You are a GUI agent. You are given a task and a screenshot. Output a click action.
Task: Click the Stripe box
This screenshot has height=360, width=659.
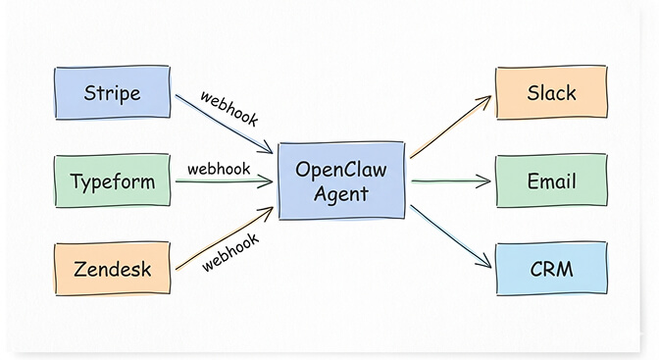coord(111,93)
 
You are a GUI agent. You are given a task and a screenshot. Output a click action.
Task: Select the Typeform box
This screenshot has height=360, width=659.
coord(111,181)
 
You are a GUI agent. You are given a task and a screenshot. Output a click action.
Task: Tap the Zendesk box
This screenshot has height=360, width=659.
coord(111,268)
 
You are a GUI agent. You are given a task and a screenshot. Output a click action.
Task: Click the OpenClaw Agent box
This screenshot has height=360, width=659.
coord(341,181)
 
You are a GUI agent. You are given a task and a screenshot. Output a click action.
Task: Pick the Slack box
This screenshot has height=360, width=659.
coord(551,93)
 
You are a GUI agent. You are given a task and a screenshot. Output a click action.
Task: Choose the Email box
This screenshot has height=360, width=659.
coord(551,180)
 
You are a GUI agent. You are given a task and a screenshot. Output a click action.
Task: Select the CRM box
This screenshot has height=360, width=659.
coord(551,268)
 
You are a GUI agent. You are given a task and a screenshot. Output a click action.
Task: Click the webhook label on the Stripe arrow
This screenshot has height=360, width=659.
coord(228,108)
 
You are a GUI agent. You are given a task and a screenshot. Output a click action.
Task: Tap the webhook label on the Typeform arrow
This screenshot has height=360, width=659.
coord(219,168)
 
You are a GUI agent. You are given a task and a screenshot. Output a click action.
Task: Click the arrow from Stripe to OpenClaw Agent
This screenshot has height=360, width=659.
coord(222,124)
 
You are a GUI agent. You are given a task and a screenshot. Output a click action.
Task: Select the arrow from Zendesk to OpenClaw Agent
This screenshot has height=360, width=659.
coord(222,238)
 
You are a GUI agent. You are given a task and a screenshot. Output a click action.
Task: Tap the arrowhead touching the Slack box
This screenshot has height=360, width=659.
coord(484,99)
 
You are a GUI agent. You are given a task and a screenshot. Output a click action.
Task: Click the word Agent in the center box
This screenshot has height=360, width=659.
coord(341,194)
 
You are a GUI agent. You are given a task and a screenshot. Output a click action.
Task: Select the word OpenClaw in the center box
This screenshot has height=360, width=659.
coord(341,170)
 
